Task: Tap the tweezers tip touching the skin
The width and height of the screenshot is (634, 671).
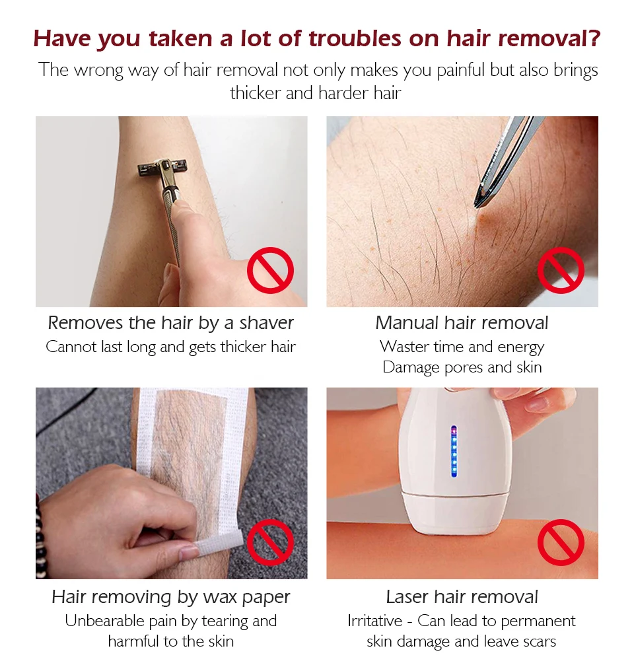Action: click(x=477, y=205)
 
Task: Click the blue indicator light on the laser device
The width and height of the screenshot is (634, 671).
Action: click(x=454, y=452)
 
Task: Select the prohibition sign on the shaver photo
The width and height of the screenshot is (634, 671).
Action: click(x=270, y=270)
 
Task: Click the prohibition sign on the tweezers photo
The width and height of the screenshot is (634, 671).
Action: click(x=561, y=270)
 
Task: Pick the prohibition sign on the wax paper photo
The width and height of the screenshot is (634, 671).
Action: click(x=270, y=542)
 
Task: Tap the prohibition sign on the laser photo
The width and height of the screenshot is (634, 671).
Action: click(x=561, y=542)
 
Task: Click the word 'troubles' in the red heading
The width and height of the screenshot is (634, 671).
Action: click(x=355, y=38)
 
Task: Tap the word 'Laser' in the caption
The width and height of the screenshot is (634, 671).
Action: click(x=407, y=597)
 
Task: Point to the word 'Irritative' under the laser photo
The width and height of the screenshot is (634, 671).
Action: click(x=374, y=621)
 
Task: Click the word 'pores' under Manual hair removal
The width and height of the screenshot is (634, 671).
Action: click(x=464, y=368)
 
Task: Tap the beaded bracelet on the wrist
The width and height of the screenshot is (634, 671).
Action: click(x=42, y=537)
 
